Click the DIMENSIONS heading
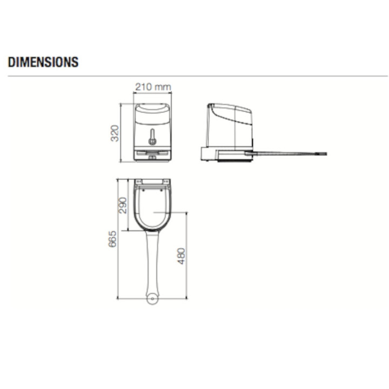click(x=43, y=62)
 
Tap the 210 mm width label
click(x=152, y=86)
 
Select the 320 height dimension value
click(x=115, y=132)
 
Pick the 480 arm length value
click(x=181, y=256)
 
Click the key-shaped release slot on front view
click(x=152, y=137)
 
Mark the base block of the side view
click(x=209, y=154)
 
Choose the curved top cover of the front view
click(x=152, y=111)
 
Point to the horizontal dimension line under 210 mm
click(x=152, y=93)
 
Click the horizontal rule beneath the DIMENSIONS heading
click(x=194, y=76)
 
